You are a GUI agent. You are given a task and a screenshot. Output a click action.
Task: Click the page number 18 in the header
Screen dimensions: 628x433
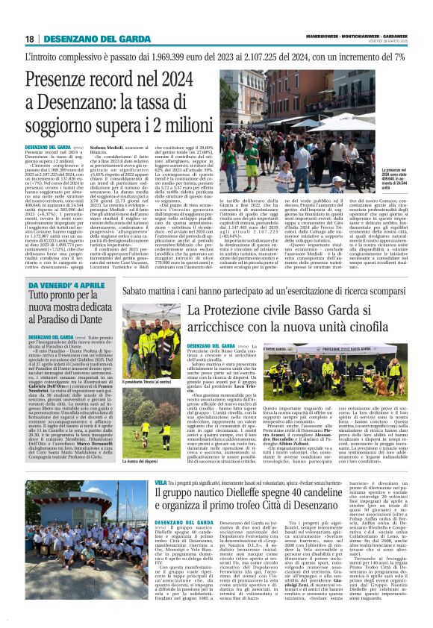tap(30, 39)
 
